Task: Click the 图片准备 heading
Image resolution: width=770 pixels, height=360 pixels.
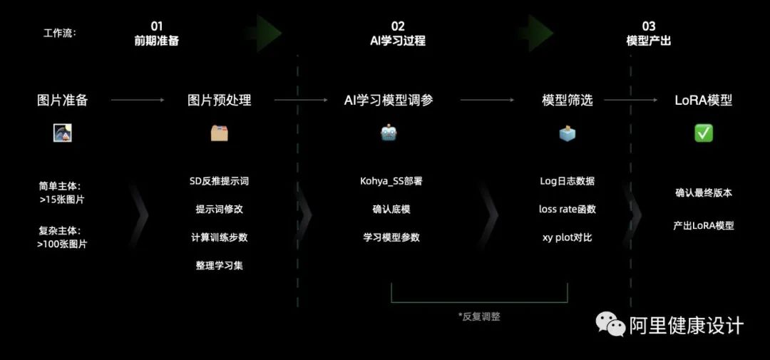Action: pyautogui.click(x=63, y=101)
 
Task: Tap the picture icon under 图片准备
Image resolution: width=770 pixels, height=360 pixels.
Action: pyautogui.click(x=62, y=133)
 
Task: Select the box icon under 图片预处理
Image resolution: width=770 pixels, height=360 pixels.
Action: pyautogui.click(x=220, y=133)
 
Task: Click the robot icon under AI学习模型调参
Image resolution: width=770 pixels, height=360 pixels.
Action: pyautogui.click(x=389, y=133)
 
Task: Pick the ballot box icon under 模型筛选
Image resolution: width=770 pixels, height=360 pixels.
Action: pyautogui.click(x=567, y=133)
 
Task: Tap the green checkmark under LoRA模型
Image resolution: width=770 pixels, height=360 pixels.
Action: pyautogui.click(x=704, y=133)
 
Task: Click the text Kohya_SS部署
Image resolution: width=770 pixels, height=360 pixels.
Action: pyautogui.click(x=391, y=181)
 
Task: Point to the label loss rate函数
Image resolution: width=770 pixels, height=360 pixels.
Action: pyautogui.click(x=568, y=209)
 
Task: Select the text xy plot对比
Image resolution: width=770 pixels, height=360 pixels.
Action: pyautogui.click(x=568, y=237)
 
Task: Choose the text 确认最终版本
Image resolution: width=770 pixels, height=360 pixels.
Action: pyautogui.click(x=704, y=192)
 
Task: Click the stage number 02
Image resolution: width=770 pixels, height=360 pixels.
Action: pyautogui.click(x=398, y=26)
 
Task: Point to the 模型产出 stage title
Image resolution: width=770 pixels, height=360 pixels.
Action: pyautogui.click(x=648, y=41)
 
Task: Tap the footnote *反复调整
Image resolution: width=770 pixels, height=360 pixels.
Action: pyautogui.click(x=479, y=316)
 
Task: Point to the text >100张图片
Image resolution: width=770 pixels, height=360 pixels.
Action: pyautogui.click(x=62, y=244)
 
